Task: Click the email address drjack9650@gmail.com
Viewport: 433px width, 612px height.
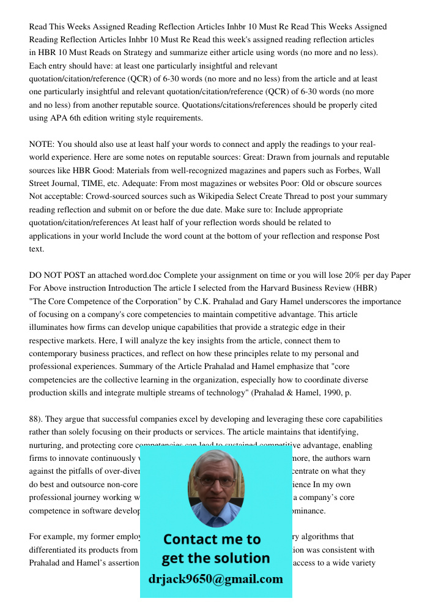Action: (x=215, y=579)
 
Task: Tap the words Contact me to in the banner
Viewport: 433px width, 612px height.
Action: (x=212, y=539)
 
